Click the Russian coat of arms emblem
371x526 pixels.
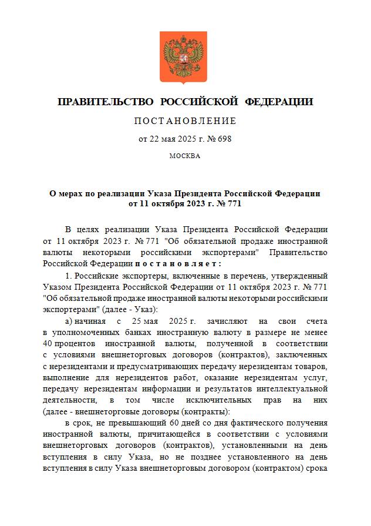pyautogui.click(x=185, y=57)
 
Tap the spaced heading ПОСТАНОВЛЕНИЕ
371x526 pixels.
pyautogui.click(x=185, y=121)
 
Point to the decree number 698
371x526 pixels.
pyautogui.click(x=225, y=139)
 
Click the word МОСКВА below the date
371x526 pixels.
pyautogui.click(x=185, y=156)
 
